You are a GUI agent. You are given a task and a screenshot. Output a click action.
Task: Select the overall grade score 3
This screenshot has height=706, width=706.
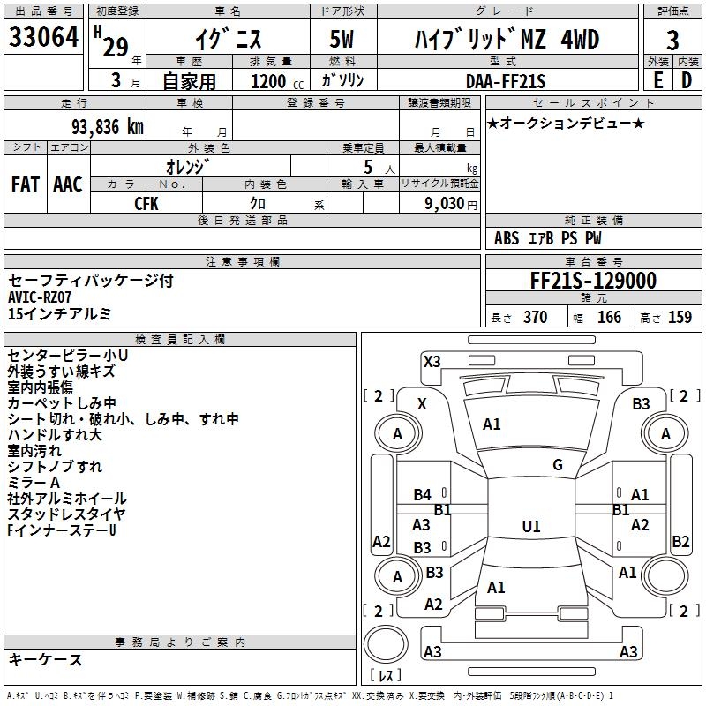(672, 40)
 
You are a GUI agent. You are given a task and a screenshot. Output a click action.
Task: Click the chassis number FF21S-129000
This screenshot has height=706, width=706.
(592, 281)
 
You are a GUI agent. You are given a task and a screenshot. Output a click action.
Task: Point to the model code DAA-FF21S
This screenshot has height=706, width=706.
(506, 81)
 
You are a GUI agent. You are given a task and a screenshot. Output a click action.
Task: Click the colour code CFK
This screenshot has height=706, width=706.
(146, 203)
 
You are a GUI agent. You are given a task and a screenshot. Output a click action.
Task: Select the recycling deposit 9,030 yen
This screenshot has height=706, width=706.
(440, 203)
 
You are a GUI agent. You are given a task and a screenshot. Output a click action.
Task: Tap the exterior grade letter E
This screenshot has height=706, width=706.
(657, 80)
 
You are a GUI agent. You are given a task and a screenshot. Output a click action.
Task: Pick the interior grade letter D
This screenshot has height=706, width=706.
(687, 80)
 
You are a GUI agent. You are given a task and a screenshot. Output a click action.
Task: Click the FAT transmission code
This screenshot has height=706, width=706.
(25, 184)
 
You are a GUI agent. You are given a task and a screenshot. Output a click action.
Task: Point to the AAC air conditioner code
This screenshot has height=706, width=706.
(67, 184)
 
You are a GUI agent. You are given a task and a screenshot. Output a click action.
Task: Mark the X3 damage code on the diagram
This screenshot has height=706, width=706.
(432, 361)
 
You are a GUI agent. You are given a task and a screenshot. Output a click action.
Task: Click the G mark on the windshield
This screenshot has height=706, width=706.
(558, 465)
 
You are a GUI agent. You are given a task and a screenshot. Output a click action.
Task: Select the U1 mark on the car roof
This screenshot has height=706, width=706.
(530, 527)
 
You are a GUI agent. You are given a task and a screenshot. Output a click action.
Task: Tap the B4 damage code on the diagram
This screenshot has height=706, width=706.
(423, 495)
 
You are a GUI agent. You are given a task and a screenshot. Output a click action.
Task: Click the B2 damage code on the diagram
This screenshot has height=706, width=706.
(680, 542)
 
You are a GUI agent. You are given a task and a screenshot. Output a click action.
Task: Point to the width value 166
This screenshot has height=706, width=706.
(609, 318)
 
